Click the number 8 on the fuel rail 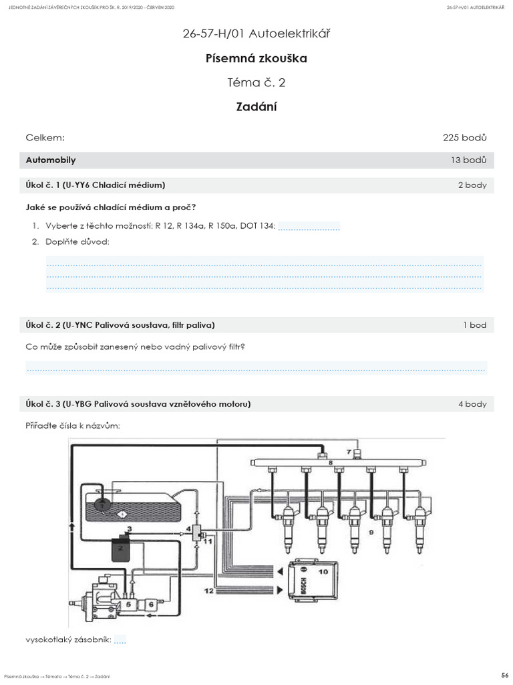click(330, 462)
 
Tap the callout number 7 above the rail click(348, 453)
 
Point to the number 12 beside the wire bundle click(209, 591)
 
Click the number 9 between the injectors click(371, 532)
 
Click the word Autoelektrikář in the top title click(294, 33)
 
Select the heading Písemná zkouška click(256, 58)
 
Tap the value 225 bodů click(464, 138)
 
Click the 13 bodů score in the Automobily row click(469, 161)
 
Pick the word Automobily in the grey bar click(51, 161)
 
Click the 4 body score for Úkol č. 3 click(472, 404)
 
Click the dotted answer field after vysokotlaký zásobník click(120, 640)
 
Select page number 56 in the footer click(505, 673)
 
